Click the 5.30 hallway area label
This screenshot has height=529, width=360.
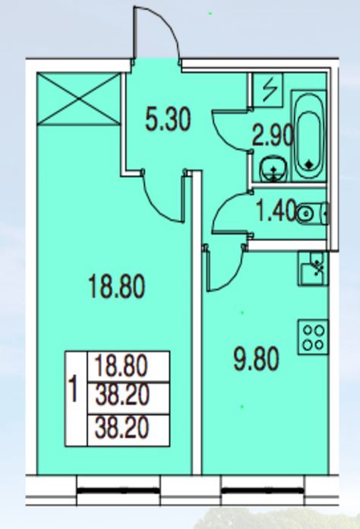tap(168, 119)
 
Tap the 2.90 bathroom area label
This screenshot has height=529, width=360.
tap(273, 137)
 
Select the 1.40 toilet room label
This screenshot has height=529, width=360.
tap(276, 212)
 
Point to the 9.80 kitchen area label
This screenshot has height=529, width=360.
tap(256, 360)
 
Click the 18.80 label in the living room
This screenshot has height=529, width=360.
tap(116, 287)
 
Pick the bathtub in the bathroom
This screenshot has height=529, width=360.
tap(308, 136)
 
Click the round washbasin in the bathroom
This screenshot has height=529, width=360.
tap(273, 169)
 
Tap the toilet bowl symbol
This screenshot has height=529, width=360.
tap(312, 214)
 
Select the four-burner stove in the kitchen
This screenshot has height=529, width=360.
tap(313, 337)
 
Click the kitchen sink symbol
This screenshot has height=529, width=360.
tap(313, 268)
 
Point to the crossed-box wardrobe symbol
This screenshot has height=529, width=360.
tap(78, 99)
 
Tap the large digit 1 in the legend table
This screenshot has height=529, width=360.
tap(73, 390)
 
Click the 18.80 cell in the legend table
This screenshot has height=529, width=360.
tap(128, 366)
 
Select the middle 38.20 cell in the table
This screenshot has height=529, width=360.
tap(128, 398)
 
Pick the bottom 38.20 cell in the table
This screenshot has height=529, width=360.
tap(128, 430)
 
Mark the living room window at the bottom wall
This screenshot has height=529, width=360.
tap(118, 490)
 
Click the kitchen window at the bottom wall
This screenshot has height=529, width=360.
tap(263, 490)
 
